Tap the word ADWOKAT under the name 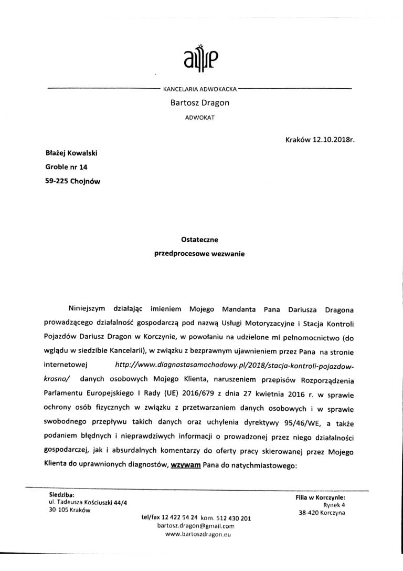tap(199, 118)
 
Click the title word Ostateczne tap(199, 240)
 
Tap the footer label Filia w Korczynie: tap(319, 497)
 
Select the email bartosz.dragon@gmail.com tap(195, 525)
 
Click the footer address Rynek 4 tap(333, 504)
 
